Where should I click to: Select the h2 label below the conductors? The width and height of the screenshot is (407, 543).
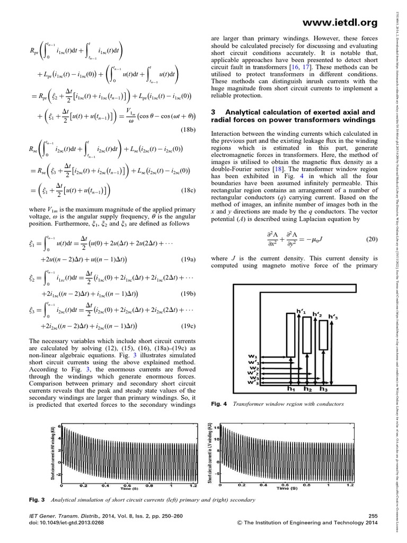[x=308, y=389]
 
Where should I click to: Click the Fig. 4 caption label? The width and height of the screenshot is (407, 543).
[x=218, y=404]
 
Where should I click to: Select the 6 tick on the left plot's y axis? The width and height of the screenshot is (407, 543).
[x=60, y=427]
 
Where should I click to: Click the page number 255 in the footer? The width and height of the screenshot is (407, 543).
[x=372, y=516]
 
